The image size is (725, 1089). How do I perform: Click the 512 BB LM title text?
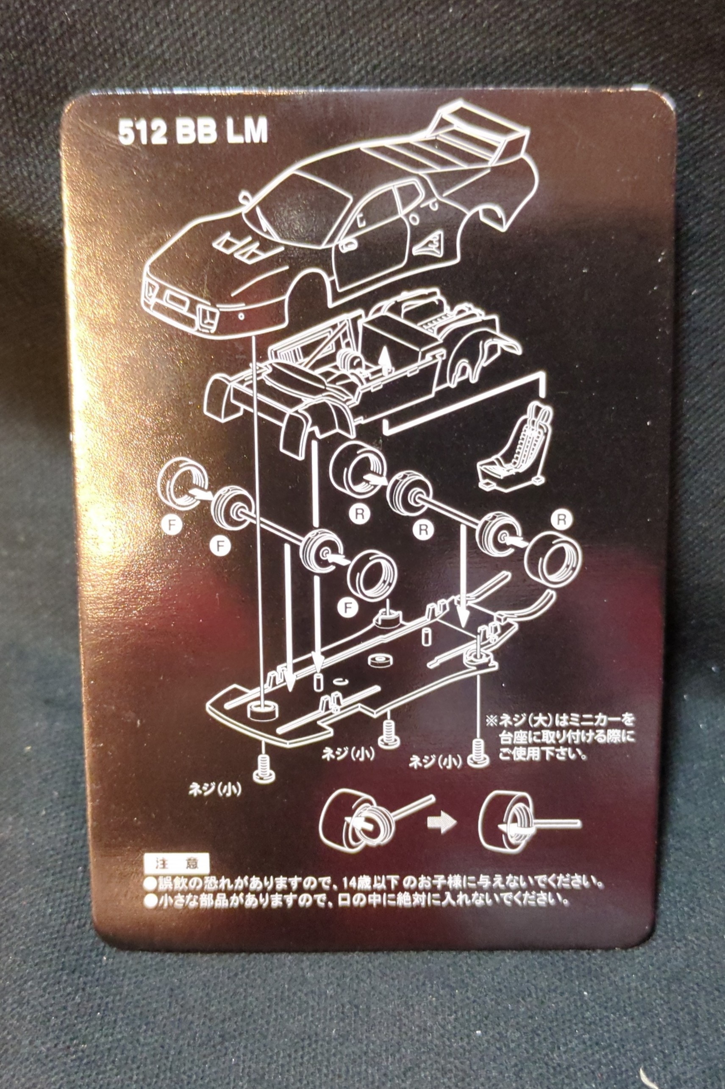coord(193,132)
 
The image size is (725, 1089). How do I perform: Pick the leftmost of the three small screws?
coord(263,770)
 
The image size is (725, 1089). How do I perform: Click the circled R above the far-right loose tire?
coord(561,520)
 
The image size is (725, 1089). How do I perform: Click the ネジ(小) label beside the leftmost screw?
coord(215,789)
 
